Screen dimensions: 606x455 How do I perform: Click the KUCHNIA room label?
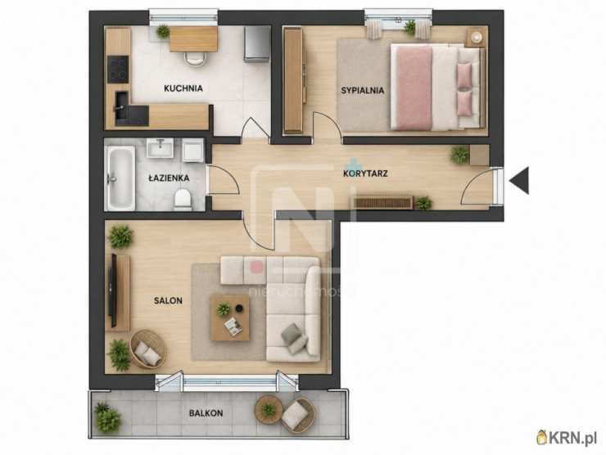pos(183,88)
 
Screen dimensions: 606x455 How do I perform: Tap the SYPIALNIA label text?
pos(363,91)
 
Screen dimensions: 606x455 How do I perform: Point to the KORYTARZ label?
pos(365,173)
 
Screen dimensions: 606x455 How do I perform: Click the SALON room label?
pos(168,300)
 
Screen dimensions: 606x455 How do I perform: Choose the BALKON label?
pos(206,413)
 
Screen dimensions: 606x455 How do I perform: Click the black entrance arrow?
pos(519,180)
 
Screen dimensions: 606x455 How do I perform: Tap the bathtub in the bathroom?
pos(121,178)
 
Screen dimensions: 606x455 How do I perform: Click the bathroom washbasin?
pos(160,148)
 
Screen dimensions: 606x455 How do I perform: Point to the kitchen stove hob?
pos(118,69)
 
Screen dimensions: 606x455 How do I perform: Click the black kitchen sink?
pos(122,102)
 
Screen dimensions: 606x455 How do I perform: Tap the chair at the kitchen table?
pos(195,58)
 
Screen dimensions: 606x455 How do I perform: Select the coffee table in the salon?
pos(229,318)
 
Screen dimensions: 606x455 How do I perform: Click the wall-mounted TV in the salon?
pos(113,291)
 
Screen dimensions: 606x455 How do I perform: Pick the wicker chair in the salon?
pos(147,349)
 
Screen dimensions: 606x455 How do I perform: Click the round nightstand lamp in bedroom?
pos(477,37)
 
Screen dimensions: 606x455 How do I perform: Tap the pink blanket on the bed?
pos(414,88)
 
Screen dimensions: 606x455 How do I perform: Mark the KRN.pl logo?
pos(567,438)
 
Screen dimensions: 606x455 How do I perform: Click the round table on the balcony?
pos(269,409)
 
